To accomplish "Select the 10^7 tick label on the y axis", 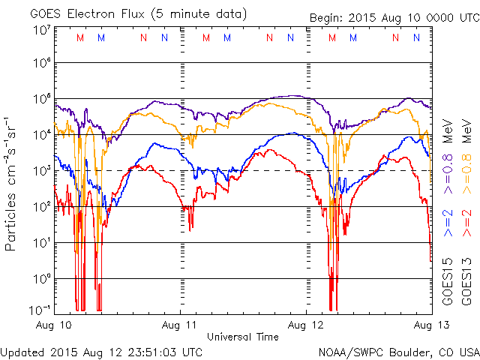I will [40, 30].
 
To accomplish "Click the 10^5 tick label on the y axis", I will [40, 101].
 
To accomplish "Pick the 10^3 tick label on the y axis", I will [40, 172].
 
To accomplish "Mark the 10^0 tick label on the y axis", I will [40, 279].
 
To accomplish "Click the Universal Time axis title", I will [243, 337].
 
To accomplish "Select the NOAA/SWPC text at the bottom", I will [346, 351].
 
